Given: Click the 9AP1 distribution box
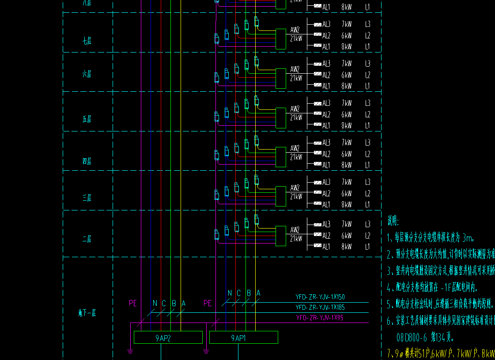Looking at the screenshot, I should [x=243, y=338].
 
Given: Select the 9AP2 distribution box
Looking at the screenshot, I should [x=168, y=338].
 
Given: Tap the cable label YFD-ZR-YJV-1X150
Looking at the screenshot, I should [x=320, y=297].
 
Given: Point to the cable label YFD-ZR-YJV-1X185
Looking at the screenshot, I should [x=320, y=307].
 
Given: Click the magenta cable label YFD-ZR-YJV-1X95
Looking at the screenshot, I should [x=320, y=318].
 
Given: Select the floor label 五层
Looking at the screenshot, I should [x=87, y=120].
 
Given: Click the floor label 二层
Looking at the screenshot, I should [x=87, y=239].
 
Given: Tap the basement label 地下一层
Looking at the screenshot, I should [x=87, y=314].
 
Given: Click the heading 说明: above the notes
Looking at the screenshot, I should [x=393, y=221].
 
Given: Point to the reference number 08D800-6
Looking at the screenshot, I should [x=412, y=338].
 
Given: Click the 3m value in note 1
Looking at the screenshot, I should [x=468, y=239].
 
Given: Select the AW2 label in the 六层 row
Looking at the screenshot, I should [x=295, y=69].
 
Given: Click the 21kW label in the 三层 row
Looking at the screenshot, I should [x=296, y=196].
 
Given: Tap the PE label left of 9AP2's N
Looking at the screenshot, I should [x=133, y=303].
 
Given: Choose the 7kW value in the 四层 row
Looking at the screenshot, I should [x=347, y=142].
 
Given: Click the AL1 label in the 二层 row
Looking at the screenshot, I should [x=326, y=247].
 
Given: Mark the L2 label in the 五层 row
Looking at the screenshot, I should [x=367, y=115].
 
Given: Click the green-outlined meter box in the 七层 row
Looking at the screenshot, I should [x=281, y=39].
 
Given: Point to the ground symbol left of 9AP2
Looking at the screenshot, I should [x=130, y=352].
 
